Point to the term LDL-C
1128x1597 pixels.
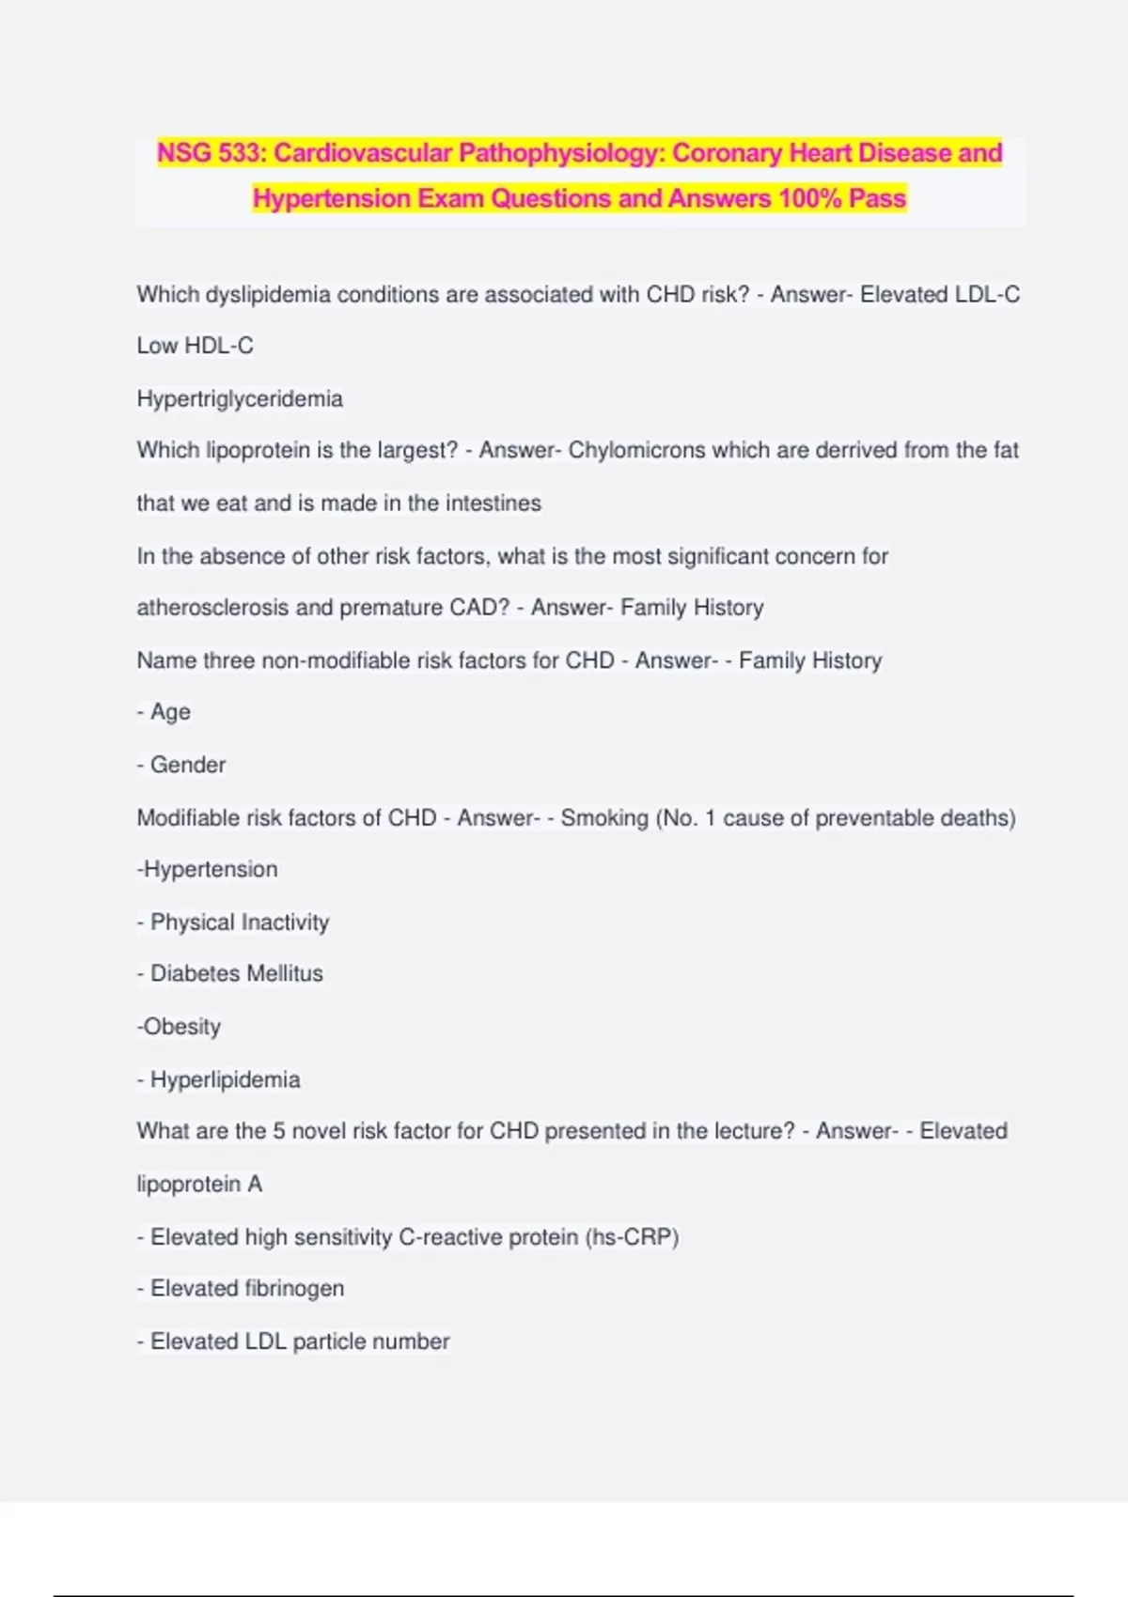pyautogui.click(x=987, y=295)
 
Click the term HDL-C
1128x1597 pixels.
pyautogui.click(x=219, y=347)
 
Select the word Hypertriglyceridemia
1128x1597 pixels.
pyautogui.click(x=240, y=399)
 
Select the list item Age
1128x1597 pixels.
pyautogui.click(x=170, y=712)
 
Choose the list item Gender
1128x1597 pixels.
pyautogui.click(x=188, y=765)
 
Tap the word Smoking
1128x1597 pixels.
pyautogui.click(x=604, y=818)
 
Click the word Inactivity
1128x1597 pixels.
pyautogui.click(x=283, y=923)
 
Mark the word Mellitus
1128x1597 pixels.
pyautogui.click(x=278, y=974)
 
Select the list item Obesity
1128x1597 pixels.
pyautogui.click(x=181, y=1027)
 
